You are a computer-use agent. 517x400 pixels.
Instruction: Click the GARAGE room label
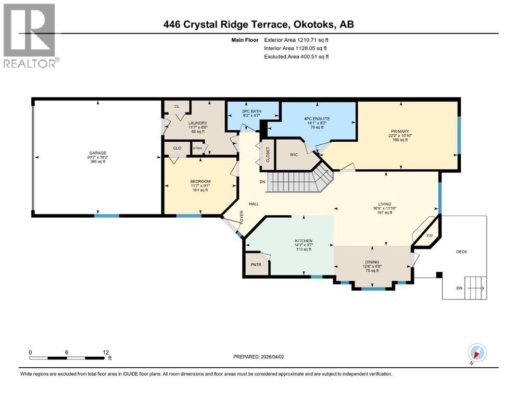[x=97, y=153]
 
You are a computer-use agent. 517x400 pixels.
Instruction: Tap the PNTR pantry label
[x=256, y=264]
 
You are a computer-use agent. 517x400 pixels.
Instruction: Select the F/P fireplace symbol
[x=430, y=236]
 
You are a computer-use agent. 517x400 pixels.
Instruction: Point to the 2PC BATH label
[x=251, y=111]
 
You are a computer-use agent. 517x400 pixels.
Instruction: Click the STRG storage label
[x=197, y=148]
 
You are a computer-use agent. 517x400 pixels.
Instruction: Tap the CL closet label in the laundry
[x=176, y=106]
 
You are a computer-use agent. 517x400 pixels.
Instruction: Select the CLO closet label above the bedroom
[x=177, y=148]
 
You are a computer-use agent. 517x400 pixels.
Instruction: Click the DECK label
[x=461, y=252]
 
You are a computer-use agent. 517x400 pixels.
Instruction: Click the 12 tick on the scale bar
[x=106, y=352]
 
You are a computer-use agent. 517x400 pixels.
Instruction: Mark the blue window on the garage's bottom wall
[x=106, y=215]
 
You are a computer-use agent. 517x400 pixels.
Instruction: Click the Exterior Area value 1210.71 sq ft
[x=310, y=40]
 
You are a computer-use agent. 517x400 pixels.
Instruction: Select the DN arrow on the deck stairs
[x=476, y=287]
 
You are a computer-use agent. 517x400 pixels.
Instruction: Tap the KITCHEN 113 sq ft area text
[x=302, y=249]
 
